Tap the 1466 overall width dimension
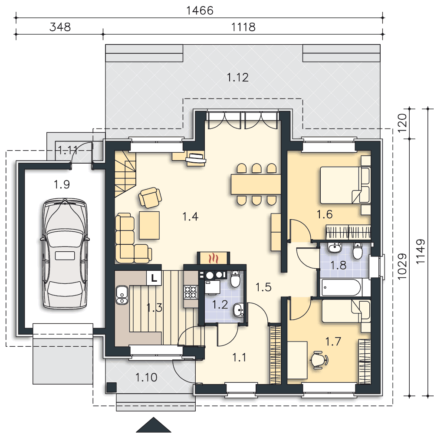200,10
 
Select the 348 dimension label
60,27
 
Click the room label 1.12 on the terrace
237,78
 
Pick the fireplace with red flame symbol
213,258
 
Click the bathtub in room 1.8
342,288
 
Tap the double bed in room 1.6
345,185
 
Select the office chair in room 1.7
319,360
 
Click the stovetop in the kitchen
191,292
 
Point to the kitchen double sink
122,295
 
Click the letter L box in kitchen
154,278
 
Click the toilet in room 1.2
235,279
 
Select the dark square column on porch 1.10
112,387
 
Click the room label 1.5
263,287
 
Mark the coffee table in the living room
149,225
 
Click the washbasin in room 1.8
335,247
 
